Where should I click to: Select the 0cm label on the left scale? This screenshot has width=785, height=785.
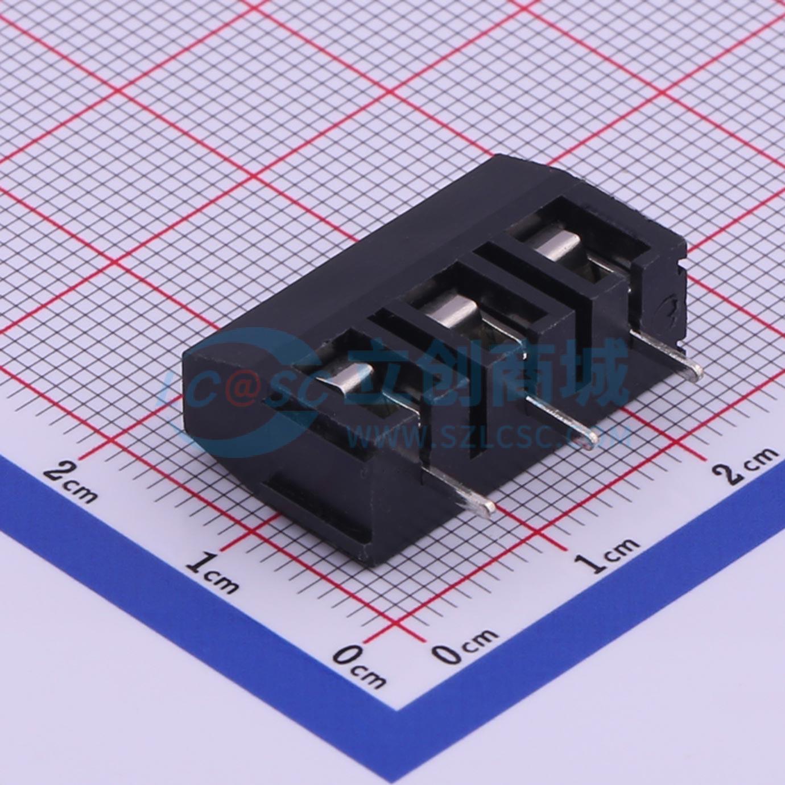360,663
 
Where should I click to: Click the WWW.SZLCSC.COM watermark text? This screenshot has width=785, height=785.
489,437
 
